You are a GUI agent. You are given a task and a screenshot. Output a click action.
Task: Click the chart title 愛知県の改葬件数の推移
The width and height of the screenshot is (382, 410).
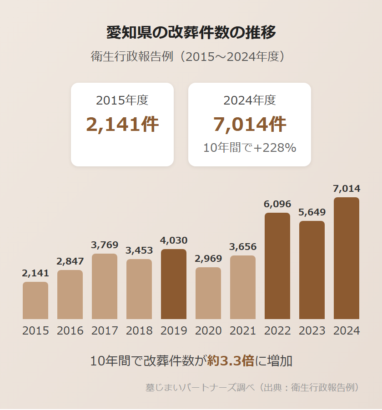click(x=191, y=33)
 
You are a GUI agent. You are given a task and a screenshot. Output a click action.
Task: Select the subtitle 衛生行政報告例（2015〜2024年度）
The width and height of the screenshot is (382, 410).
click(x=191, y=57)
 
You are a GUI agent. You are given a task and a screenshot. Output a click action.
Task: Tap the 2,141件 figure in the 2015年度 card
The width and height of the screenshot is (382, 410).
click(x=122, y=125)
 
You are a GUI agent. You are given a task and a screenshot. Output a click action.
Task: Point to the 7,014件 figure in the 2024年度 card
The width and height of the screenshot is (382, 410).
click(x=250, y=125)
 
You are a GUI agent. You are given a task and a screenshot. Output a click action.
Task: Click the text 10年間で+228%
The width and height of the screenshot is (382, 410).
click(x=250, y=148)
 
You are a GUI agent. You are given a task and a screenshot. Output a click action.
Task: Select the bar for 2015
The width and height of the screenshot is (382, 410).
click(x=35, y=300)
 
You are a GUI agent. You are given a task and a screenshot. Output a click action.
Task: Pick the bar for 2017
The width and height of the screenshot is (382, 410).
click(x=105, y=286)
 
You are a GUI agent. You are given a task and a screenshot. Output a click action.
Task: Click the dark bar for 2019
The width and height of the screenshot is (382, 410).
click(x=174, y=284)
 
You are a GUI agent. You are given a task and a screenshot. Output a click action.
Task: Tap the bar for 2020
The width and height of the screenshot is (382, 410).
click(x=208, y=293)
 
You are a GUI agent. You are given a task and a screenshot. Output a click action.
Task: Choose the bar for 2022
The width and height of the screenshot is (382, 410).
click(x=277, y=266)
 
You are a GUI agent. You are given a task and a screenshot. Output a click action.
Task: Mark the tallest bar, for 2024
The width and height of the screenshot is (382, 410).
click(x=347, y=258)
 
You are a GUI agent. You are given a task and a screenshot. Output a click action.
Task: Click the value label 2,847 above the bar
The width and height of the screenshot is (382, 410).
click(x=70, y=261)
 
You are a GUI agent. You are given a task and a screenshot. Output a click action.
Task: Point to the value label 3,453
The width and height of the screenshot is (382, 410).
click(x=139, y=250)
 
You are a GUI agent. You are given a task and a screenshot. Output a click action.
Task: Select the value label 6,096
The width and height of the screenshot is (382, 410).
click(x=277, y=204)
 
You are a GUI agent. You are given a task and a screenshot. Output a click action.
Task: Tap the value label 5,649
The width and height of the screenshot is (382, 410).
click(x=312, y=212)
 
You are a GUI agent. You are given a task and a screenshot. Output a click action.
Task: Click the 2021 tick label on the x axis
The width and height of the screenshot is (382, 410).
click(x=243, y=330)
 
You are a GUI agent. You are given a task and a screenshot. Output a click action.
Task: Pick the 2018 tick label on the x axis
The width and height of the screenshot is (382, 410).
click(x=139, y=330)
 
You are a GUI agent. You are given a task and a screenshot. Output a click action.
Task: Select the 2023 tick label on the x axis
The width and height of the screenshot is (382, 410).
click(x=312, y=330)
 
